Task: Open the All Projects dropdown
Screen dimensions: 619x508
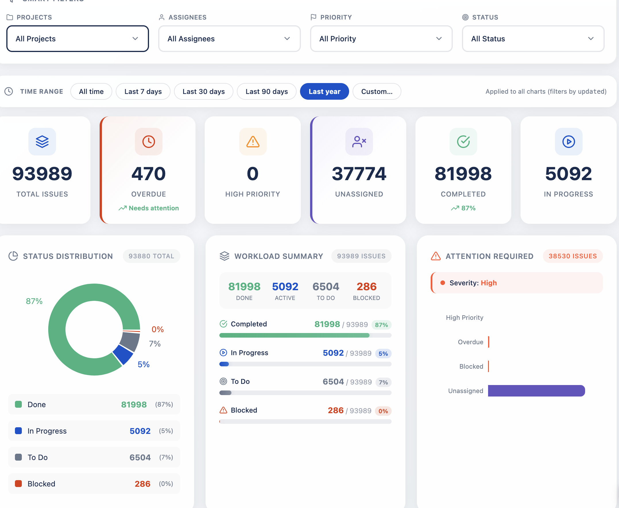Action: pyautogui.click(x=78, y=39)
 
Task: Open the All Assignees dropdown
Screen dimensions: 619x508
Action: pyautogui.click(x=229, y=39)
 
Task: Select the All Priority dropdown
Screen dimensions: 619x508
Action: pyautogui.click(x=381, y=39)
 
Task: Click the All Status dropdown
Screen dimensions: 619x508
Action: pyautogui.click(x=533, y=39)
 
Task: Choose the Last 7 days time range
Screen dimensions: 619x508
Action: pyautogui.click(x=143, y=92)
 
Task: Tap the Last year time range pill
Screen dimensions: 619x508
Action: pyautogui.click(x=324, y=92)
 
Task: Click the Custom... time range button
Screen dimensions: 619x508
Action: pyautogui.click(x=377, y=92)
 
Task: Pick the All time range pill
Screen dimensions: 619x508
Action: pyautogui.click(x=91, y=92)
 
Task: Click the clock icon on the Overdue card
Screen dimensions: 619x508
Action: pyautogui.click(x=148, y=142)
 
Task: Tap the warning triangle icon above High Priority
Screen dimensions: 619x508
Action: pyautogui.click(x=253, y=142)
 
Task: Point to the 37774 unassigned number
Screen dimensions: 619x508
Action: pyautogui.click(x=359, y=174)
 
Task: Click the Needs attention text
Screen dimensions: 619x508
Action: pyautogui.click(x=154, y=208)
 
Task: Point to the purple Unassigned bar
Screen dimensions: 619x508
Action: pyautogui.click(x=536, y=391)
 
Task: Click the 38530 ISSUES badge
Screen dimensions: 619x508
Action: pyautogui.click(x=572, y=256)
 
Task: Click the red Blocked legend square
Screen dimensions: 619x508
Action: pyautogui.click(x=18, y=483)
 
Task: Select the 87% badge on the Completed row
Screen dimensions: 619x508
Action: pyautogui.click(x=381, y=325)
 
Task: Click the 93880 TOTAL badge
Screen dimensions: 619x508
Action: pyautogui.click(x=152, y=256)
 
